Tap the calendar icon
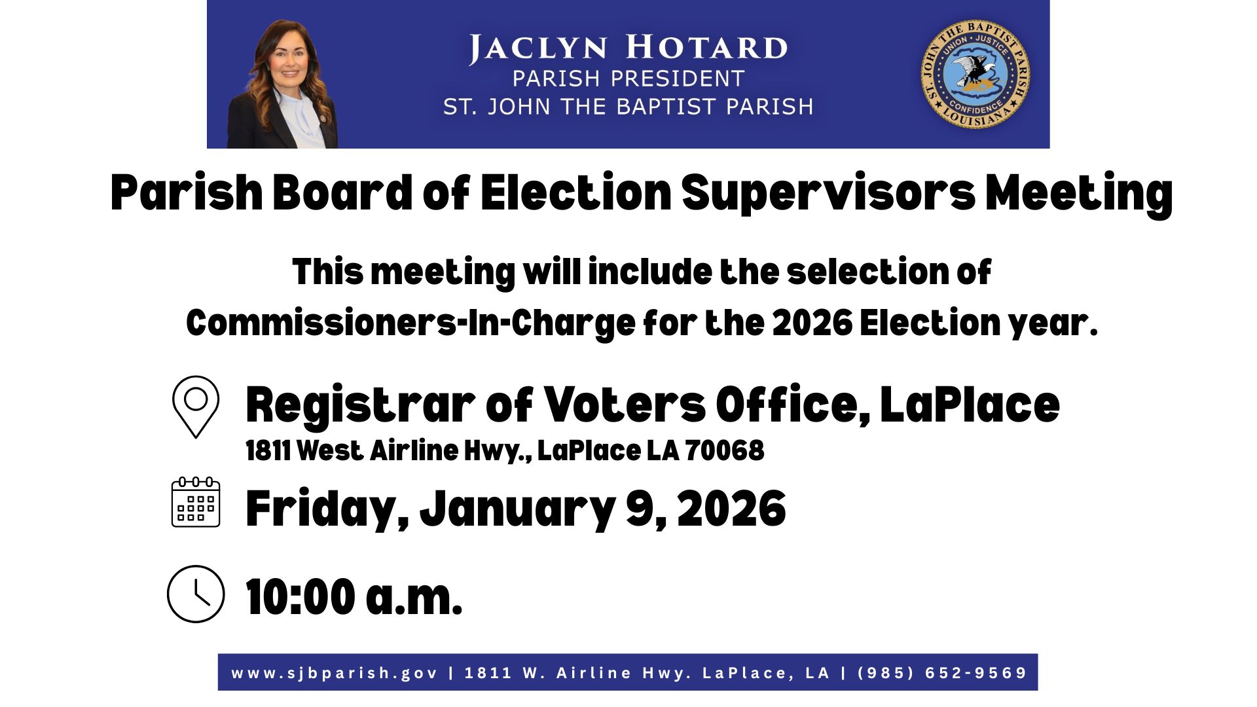(x=196, y=502)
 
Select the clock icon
(x=196, y=594)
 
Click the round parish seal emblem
(x=975, y=73)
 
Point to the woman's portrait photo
(x=283, y=83)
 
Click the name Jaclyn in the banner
(x=538, y=48)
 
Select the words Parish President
(x=628, y=79)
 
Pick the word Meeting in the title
(x=1080, y=194)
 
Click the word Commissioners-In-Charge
(x=410, y=323)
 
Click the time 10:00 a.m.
(x=354, y=597)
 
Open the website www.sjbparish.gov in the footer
(x=335, y=673)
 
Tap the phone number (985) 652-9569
(x=942, y=672)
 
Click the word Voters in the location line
(x=625, y=405)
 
